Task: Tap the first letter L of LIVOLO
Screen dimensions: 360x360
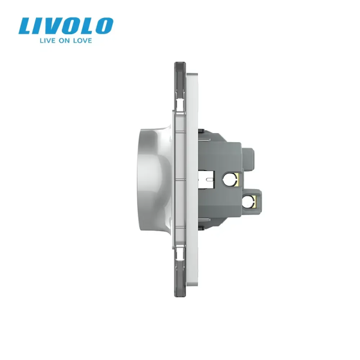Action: click(x=26, y=26)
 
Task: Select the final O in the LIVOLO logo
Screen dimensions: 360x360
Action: click(x=104, y=25)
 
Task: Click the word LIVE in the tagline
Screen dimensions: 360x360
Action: click(x=47, y=41)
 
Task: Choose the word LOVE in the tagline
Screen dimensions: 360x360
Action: click(x=82, y=41)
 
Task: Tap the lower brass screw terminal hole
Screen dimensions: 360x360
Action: click(x=249, y=202)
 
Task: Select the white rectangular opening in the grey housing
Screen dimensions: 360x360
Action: click(x=206, y=179)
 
